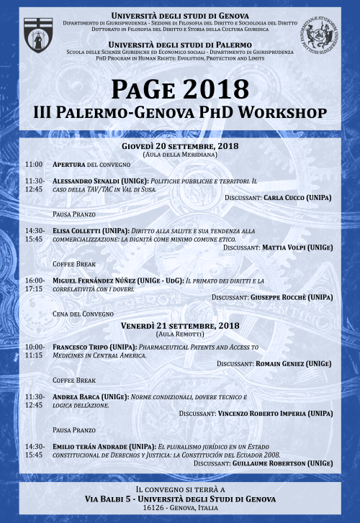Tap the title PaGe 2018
(181, 88)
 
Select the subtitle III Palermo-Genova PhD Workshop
(180, 113)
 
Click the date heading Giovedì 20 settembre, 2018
(180, 145)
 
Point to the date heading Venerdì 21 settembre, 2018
(180, 326)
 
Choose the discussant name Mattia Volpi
(286, 247)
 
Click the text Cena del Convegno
(83, 314)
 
